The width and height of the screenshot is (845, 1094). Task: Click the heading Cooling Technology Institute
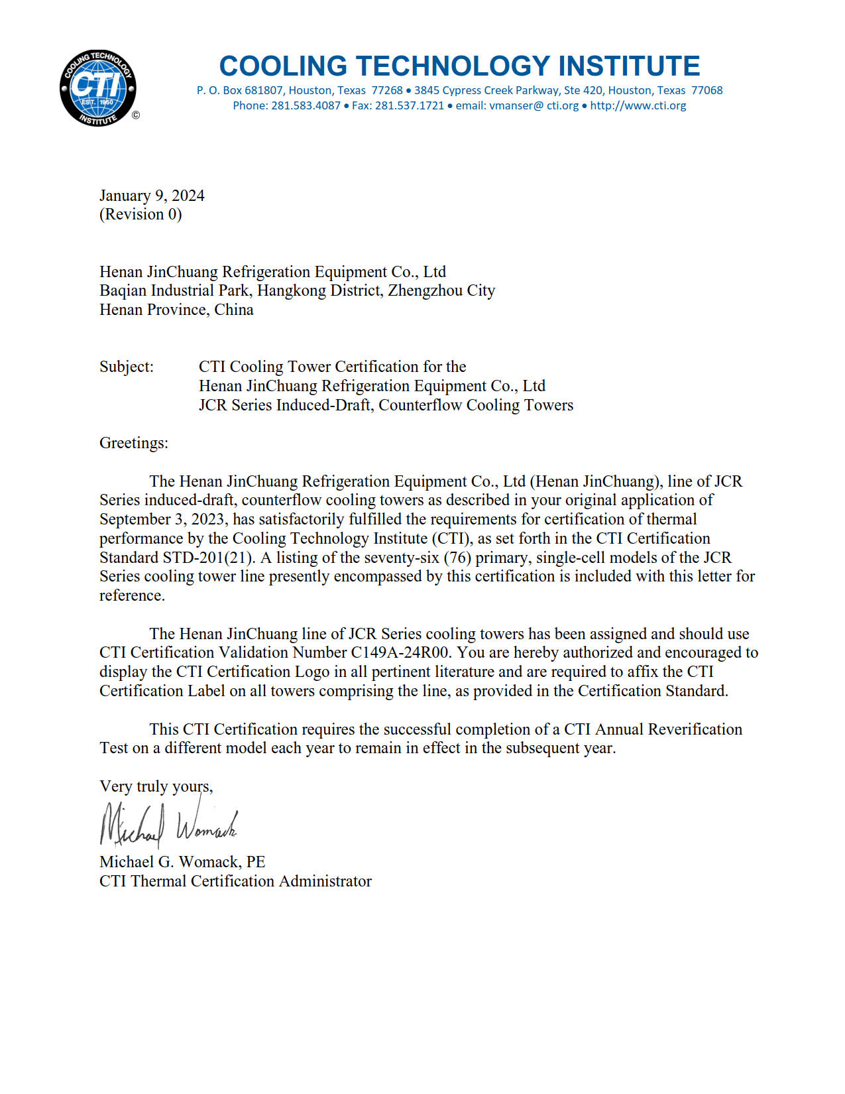pos(459,66)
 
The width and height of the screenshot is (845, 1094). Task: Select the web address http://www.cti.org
pos(638,105)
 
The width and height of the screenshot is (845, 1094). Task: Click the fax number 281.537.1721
pos(410,105)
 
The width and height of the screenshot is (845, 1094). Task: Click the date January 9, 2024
pos(152,196)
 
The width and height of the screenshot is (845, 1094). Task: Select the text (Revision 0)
pos(141,214)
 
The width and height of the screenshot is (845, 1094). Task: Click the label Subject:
pos(127,367)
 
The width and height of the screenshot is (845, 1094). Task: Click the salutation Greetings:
pos(134,443)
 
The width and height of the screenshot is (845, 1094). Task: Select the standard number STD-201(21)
pos(209,558)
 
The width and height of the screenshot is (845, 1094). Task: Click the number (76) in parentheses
pos(457,558)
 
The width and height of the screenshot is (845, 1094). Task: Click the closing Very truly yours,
pos(156,786)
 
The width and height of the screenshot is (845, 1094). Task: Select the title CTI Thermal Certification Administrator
pos(235,881)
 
